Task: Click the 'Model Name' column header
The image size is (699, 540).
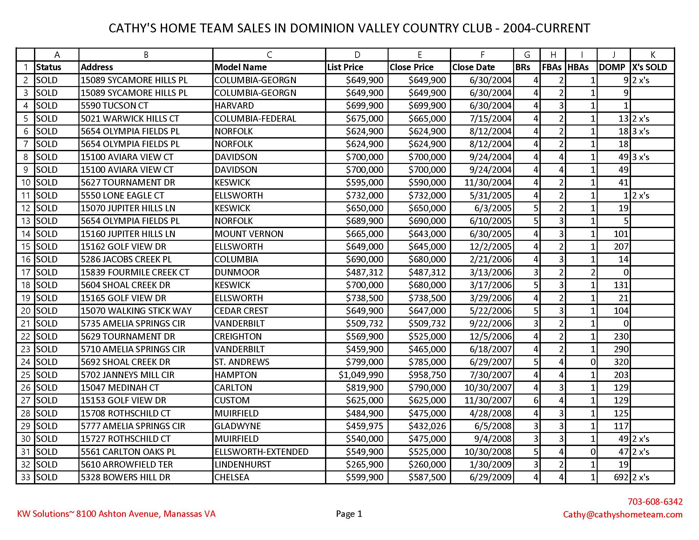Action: tap(241, 67)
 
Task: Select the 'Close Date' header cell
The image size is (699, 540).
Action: tap(473, 67)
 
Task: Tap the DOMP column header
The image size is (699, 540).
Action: tap(612, 67)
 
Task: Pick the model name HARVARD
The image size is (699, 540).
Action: tap(234, 105)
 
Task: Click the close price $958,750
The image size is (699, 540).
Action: tap(427, 375)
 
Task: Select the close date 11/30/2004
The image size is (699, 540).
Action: tap(488, 182)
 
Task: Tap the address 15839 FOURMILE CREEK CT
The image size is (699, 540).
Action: tap(135, 272)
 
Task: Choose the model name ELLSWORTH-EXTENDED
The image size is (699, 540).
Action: tap(261, 452)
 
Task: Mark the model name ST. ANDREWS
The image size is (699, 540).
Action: tap(242, 362)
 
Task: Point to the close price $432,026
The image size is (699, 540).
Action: tap(427, 426)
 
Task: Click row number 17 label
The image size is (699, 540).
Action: tap(26, 272)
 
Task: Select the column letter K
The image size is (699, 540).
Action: tap(652, 55)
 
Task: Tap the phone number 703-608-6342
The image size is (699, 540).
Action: tap(655, 502)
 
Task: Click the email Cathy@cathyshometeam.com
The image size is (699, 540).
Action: tap(622, 514)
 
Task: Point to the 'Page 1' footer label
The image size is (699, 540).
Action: tap(349, 514)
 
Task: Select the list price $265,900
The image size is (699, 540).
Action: tap(364, 464)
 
